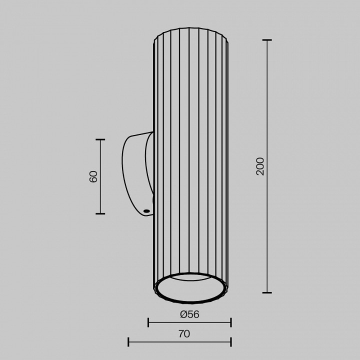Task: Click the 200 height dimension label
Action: pyautogui.click(x=260, y=166)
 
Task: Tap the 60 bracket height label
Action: pyautogui.click(x=93, y=176)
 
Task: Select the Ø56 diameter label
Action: pyautogui.click(x=189, y=314)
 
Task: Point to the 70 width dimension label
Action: pyautogui.click(x=184, y=334)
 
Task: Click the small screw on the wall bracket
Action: pyautogui.click(x=146, y=211)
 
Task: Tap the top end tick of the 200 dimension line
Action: pyautogui.click(x=267, y=40)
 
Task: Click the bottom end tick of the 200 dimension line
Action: pyautogui.click(x=267, y=292)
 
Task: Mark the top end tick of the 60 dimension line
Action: pyautogui.click(x=100, y=139)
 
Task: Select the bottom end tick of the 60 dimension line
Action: pyautogui.click(x=100, y=213)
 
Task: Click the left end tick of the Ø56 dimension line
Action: pyautogui.click(x=148, y=322)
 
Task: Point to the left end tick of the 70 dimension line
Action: pyautogui.click(x=128, y=342)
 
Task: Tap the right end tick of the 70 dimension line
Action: pyautogui.click(x=231, y=342)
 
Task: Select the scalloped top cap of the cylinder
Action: pyautogui.click(x=191, y=32)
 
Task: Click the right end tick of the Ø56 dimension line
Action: pyautogui.click(x=231, y=322)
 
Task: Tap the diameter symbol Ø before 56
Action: pyautogui.click(x=183, y=314)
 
